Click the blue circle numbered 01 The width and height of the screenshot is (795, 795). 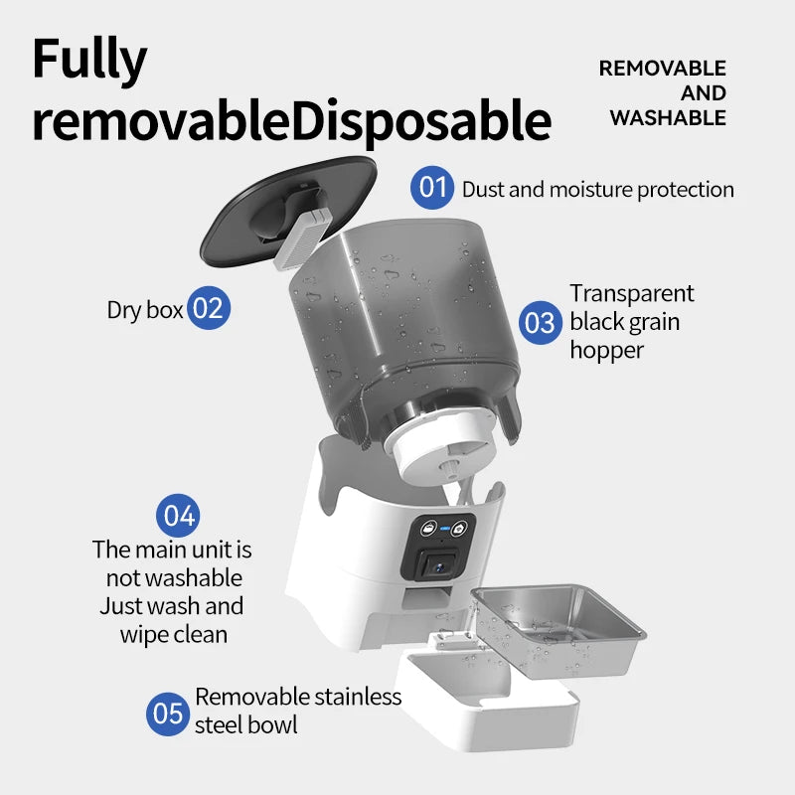point(432,188)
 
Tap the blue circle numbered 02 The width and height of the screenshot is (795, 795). point(209,308)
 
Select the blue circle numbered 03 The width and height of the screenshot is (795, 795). point(540,322)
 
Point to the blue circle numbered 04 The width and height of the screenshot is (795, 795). point(178,515)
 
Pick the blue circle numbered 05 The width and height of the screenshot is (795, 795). point(168,714)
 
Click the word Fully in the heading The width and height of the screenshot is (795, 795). point(89,61)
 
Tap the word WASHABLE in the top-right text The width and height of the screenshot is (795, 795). point(668,118)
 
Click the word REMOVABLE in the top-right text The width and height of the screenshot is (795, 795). point(662,69)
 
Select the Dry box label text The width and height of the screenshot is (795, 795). point(144,310)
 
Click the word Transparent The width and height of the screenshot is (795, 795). point(632,293)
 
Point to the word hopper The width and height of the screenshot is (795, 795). point(606,351)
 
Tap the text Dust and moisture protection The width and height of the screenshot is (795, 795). point(598,190)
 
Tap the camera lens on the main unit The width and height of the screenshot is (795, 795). point(438,566)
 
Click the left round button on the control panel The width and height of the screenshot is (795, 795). point(429,528)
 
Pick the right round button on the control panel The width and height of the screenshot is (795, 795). point(459,529)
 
